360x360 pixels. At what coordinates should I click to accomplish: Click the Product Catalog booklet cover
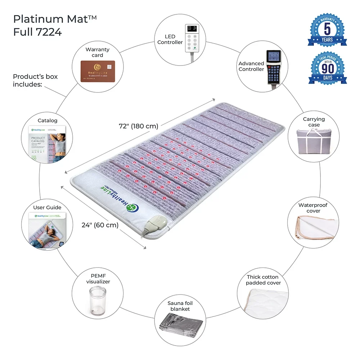tap(47, 143)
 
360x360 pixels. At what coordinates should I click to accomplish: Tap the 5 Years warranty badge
tap(327, 30)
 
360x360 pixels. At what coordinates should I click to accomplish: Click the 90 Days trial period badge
tap(327, 68)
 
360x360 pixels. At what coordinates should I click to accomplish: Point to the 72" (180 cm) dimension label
tap(139, 126)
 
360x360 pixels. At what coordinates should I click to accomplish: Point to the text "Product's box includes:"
tap(35, 80)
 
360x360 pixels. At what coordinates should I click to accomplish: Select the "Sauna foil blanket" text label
tap(180, 306)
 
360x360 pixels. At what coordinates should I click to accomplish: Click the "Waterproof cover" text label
tap(313, 208)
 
